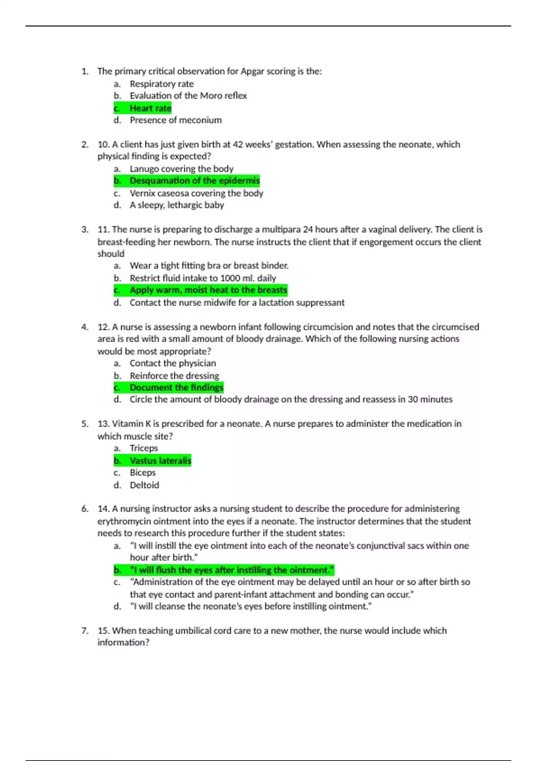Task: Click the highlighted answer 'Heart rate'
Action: pos(150,108)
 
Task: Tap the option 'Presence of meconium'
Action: pos(175,120)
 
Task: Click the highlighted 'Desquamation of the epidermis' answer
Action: pos(194,181)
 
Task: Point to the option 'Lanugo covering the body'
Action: pos(181,169)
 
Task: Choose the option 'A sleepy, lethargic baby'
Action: pos(177,205)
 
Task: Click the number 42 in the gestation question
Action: pos(238,145)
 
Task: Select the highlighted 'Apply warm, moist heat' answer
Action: pos(208,290)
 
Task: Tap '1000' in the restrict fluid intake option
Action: pos(230,278)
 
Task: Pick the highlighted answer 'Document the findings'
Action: pos(176,388)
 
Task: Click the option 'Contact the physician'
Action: pos(173,363)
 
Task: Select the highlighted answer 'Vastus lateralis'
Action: pos(160,461)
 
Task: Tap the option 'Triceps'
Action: pos(144,448)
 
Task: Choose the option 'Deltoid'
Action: pos(144,485)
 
